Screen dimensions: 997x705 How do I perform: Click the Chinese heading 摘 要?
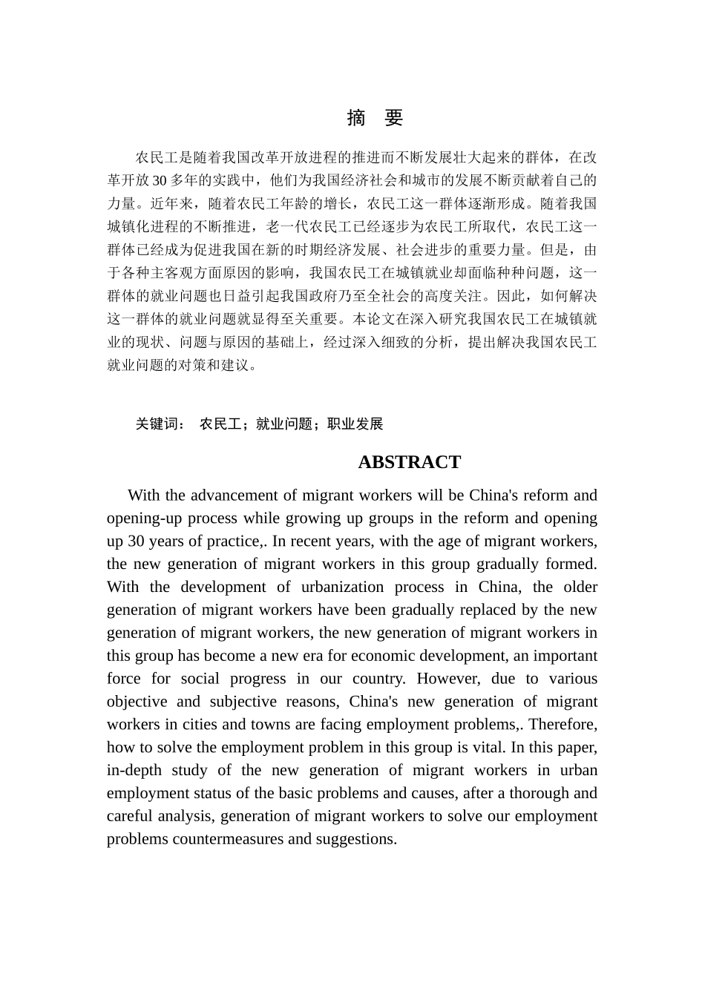point(375,118)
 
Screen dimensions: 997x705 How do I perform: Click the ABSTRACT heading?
point(409,462)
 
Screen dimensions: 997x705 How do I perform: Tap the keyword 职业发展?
point(355,424)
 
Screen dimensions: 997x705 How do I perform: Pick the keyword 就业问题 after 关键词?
point(283,424)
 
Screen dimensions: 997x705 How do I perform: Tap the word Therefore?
point(563,725)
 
